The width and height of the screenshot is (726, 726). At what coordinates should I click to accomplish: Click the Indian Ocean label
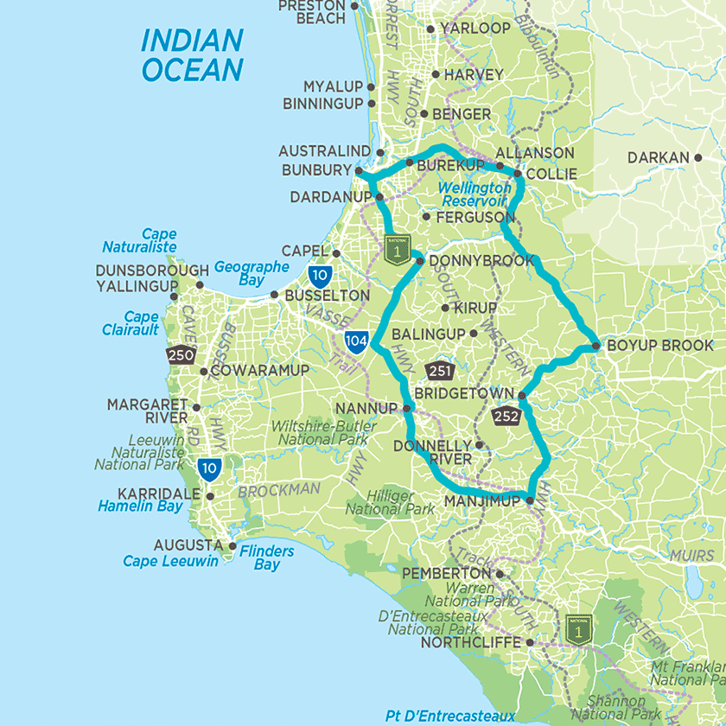192,54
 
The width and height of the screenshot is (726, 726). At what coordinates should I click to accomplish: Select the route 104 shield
356,340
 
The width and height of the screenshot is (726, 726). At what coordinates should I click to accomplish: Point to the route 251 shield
440,370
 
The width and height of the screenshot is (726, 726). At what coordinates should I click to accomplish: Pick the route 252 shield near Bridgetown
506,418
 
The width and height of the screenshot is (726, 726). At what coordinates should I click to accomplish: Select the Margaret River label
146,411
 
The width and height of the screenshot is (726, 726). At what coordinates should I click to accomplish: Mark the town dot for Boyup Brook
596,346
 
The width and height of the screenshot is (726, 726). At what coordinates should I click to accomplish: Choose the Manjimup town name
482,500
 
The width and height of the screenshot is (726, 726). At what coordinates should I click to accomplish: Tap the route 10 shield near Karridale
208,469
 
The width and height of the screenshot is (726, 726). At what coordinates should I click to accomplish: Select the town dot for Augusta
232,546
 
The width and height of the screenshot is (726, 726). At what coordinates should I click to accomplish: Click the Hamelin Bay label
140,506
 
